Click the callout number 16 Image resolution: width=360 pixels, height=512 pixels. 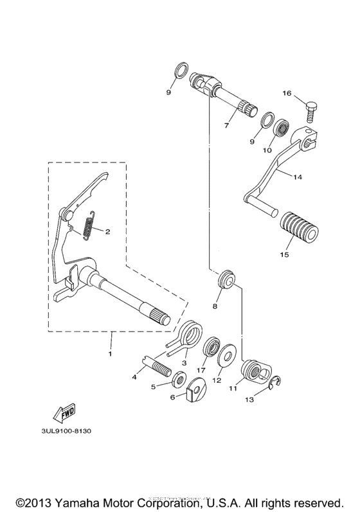(287, 93)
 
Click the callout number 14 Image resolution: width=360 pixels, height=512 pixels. (296, 176)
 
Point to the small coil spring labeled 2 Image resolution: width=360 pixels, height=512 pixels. (90, 226)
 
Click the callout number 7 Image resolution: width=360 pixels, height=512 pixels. (226, 126)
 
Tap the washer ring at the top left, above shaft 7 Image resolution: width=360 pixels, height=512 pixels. (181, 68)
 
